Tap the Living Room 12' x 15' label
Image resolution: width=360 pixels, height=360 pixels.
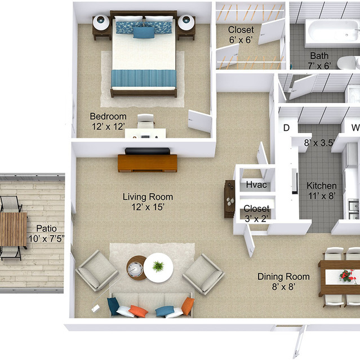pos(148,202)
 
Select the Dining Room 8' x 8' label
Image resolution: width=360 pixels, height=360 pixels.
pos(283,281)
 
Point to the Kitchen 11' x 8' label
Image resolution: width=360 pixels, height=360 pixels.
pos(321,190)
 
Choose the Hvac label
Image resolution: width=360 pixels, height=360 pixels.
pos(256,185)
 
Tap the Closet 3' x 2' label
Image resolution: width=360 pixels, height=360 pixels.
pos(256,214)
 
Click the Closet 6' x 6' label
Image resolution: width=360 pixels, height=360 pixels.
pos(241,34)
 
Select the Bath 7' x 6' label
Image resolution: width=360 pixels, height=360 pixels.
pos(319,61)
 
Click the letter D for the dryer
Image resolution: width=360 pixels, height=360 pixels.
pos(286,128)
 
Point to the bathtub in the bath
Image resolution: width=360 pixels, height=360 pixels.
pos(327,33)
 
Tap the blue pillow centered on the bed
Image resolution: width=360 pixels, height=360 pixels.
pos(143,32)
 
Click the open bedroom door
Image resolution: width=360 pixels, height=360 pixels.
pos(200,121)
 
